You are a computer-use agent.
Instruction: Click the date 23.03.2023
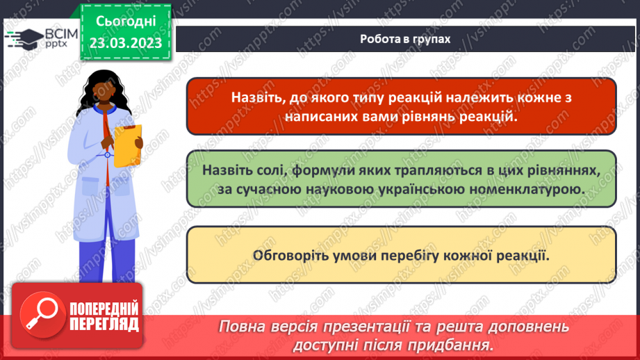coord(124,42)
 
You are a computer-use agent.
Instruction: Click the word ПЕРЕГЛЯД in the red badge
coord(104,325)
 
